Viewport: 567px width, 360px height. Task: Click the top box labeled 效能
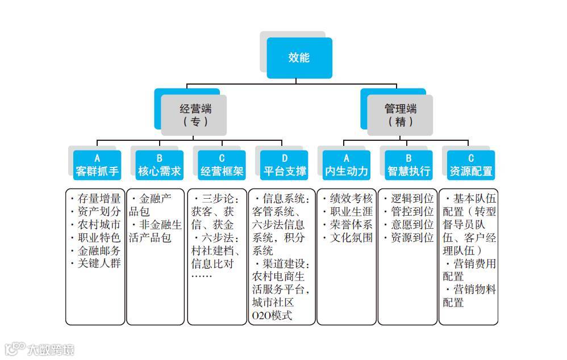[x=299, y=57]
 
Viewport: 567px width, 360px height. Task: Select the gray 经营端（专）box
[x=195, y=115]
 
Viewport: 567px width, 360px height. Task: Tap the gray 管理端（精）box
[x=400, y=115]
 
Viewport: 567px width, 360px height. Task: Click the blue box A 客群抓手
[x=97, y=165]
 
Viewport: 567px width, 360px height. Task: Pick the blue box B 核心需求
[x=160, y=165]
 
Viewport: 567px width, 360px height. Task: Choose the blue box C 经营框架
[x=222, y=165]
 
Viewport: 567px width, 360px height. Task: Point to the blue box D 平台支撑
[x=285, y=165]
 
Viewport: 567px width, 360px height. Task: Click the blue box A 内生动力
[x=347, y=165]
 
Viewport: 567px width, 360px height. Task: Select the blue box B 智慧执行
[x=408, y=165]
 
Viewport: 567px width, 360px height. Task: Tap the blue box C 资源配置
[x=470, y=165]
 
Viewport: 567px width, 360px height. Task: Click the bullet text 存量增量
[x=99, y=199]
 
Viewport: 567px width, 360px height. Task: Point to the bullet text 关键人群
[x=99, y=263]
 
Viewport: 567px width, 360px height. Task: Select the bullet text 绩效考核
[x=351, y=199]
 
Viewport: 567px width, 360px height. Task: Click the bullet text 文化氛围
[x=351, y=238]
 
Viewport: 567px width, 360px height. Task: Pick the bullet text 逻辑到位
[x=412, y=199]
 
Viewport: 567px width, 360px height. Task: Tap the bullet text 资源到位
[x=412, y=238]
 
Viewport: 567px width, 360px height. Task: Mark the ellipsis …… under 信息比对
[x=203, y=277]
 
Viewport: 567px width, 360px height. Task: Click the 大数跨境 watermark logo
[x=40, y=349]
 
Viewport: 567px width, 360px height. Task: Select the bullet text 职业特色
[x=99, y=237]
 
